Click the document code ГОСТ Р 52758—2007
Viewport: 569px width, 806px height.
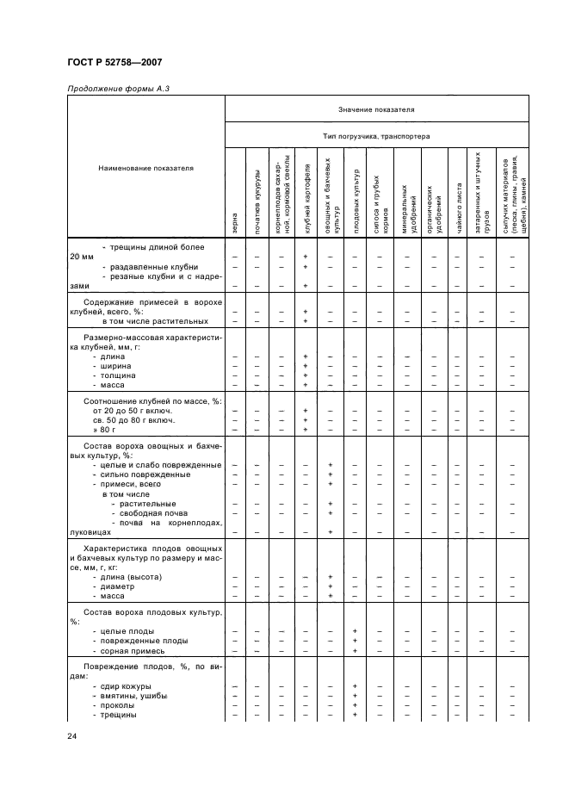point(114,62)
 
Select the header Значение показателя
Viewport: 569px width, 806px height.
point(376,110)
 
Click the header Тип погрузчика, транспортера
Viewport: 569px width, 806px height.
point(376,136)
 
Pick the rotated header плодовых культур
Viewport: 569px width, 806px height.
point(355,198)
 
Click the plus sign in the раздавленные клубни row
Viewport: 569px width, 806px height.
point(306,267)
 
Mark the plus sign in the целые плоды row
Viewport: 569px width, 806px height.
point(355,631)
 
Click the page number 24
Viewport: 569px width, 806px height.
point(72,735)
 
